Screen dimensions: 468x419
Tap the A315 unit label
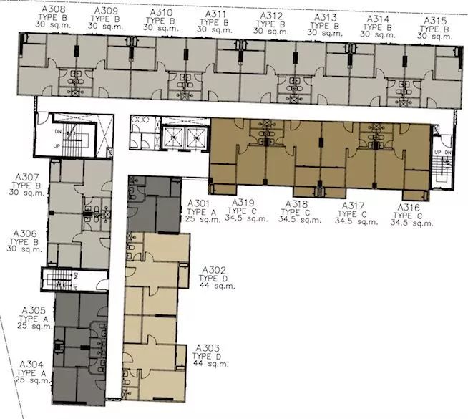[435, 21]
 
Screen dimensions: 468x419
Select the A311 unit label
[215, 14]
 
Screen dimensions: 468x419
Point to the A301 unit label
[198, 203]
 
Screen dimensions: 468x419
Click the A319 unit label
[243, 203]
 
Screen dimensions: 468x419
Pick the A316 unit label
[409, 207]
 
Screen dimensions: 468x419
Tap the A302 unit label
[214, 270]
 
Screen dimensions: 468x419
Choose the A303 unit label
[208, 348]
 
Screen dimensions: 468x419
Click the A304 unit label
[31, 365]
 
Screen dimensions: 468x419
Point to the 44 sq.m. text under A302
[218, 286]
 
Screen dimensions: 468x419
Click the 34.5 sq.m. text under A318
[300, 220]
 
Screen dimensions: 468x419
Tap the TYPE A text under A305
[33, 319]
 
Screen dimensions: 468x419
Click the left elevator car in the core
[174, 138]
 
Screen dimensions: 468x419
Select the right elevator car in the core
[196, 138]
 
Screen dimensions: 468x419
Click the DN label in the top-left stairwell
[58, 131]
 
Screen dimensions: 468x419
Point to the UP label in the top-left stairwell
[57, 146]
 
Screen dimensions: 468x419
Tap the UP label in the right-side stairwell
[438, 153]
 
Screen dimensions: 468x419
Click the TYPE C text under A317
[352, 214]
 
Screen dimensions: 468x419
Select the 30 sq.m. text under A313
[325, 32]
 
